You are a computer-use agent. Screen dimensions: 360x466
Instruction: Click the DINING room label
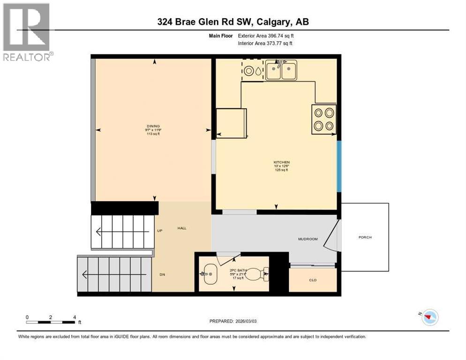(153, 126)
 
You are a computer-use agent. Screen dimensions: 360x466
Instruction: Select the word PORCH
(365, 237)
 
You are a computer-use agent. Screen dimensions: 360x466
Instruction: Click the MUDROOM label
(308, 239)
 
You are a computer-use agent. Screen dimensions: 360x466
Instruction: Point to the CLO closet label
(313, 280)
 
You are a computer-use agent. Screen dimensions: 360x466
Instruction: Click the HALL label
(182, 228)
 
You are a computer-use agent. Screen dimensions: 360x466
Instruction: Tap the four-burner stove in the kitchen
(324, 119)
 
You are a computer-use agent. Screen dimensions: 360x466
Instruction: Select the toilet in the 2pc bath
(257, 273)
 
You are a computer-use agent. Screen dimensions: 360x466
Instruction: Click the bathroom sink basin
(209, 273)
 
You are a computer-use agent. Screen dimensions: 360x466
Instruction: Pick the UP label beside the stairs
(159, 231)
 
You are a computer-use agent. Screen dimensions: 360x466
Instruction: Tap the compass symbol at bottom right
(429, 317)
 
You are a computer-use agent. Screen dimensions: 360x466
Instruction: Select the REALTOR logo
(27, 32)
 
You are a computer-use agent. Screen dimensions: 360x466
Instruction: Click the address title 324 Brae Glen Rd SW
(233, 22)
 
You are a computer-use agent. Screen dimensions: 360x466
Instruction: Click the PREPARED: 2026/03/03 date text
(233, 321)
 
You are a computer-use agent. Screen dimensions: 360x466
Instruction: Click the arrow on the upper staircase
(100, 231)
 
